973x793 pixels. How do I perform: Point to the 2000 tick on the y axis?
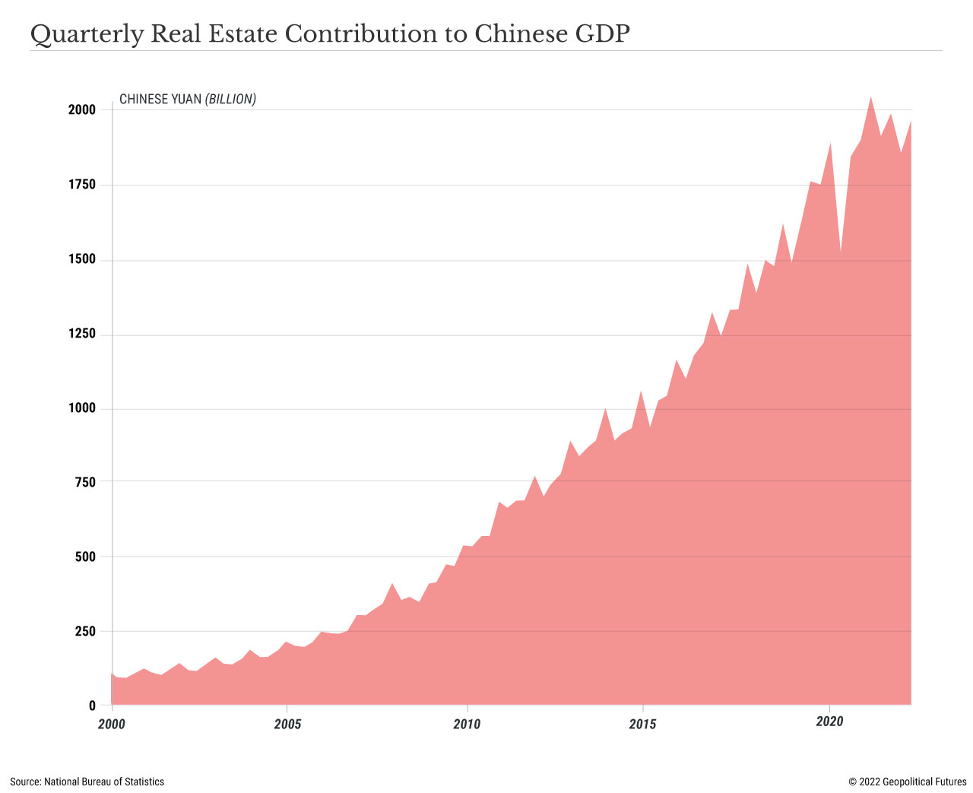[82, 110]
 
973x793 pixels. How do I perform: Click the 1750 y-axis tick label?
[82, 185]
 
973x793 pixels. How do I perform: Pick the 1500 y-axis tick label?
[82, 260]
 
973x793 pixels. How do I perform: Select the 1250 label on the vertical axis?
[82, 335]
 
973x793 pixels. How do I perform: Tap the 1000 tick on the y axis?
[82, 409]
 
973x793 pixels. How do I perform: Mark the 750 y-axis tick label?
[86, 482]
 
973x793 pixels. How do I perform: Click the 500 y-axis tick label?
[86, 557]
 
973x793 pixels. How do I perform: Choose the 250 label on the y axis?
[86, 632]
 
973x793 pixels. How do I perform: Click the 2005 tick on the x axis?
[287, 724]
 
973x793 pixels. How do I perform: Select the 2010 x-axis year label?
[467, 724]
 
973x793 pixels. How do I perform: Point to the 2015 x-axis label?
[643, 724]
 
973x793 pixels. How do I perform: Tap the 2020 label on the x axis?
[829, 721]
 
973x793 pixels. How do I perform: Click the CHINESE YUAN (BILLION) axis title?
[188, 100]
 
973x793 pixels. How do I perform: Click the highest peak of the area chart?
[870, 98]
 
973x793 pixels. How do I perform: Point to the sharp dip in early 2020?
[840, 250]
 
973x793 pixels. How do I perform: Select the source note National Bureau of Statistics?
[87, 782]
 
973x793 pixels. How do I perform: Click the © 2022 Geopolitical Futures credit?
[908, 782]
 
